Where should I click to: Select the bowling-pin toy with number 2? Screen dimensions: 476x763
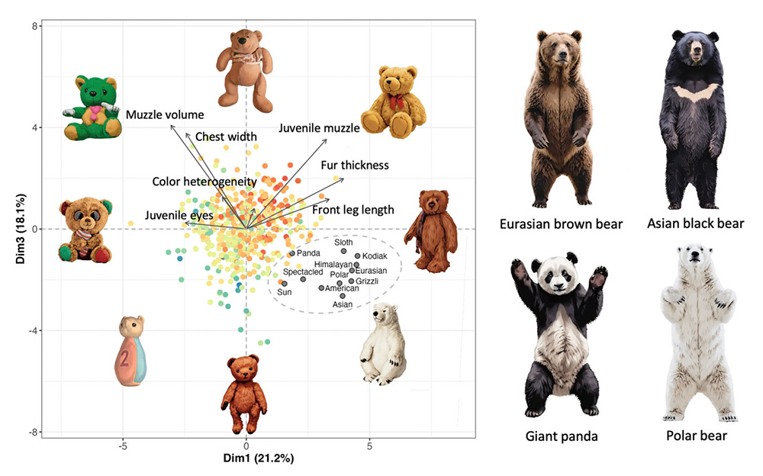[x=131, y=352]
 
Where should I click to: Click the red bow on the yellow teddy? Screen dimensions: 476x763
[x=394, y=101]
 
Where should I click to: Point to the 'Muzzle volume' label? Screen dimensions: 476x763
[x=165, y=115]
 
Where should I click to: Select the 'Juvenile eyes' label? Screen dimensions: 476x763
[x=180, y=215]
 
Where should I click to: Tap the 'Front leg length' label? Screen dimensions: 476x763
[x=353, y=210]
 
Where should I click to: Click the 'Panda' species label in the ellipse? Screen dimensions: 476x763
[x=308, y=253]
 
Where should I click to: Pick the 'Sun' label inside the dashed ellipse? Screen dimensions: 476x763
[x=285, y=292]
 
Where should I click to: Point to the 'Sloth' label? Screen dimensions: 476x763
[x=343, y=243]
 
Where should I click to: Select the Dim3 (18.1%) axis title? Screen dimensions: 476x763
[x=14, y=230]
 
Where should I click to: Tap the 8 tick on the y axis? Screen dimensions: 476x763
[x=35, y=26]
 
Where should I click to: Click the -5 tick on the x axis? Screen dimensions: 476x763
[x=123, y=444]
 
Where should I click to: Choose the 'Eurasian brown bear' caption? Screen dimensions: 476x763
[x=562, y=224]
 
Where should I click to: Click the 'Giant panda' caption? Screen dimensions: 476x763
[x=561, y=437]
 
